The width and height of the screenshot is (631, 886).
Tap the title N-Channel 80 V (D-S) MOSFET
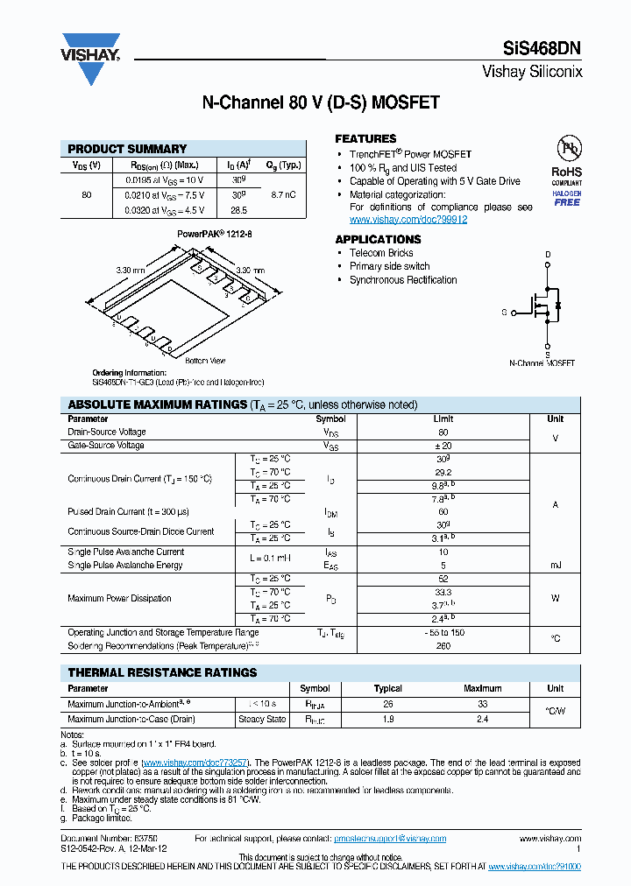pos(321,103)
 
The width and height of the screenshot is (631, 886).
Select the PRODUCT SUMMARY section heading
pos(127,149)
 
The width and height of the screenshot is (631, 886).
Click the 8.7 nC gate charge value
pos(282,194)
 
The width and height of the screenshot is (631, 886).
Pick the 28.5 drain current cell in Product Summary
pos(238,210)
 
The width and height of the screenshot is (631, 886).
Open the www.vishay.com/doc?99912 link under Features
pos(408,220)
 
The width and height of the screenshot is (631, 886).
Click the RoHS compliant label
pos(566,173)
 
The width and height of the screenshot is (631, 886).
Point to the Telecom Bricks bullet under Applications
pos(381,253)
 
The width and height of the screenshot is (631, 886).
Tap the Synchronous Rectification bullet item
pos(403,280)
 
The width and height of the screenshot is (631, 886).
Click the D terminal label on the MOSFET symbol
pos(549,256)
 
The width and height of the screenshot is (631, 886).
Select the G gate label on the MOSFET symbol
pos(504,312)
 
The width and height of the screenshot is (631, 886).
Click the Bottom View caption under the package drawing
pos(205,361)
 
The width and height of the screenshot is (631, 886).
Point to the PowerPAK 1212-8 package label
pos(215,235)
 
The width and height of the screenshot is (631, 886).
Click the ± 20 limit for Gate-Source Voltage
pos(443,446)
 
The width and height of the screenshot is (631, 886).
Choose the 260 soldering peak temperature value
pos(443,646)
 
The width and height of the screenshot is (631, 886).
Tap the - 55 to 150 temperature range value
pos(443,632)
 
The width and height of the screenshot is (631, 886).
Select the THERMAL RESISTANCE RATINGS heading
pos(162,672)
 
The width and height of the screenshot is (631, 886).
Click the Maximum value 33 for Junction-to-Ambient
pos(483,704)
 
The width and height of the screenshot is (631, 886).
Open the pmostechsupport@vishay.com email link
pos(390,839)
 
